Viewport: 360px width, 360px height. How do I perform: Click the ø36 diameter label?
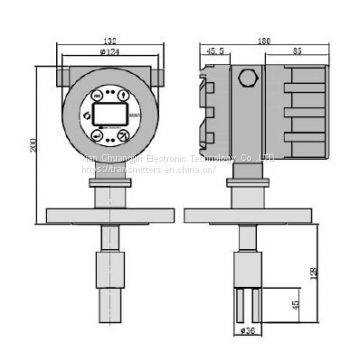248,330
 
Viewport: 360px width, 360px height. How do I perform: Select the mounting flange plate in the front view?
107,213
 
